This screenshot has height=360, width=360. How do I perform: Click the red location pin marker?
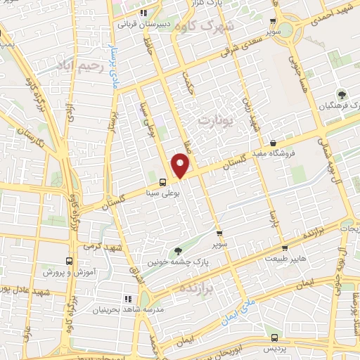pyautogui.click(x=181, y=166)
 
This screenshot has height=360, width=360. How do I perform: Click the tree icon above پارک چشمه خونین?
pyautogui.click(x=179, y=250)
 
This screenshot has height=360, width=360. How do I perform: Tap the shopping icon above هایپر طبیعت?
pyautogui.click(x=283, y=247)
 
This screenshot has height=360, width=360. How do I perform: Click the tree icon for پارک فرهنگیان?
pyautogui.click(x=342, y=94)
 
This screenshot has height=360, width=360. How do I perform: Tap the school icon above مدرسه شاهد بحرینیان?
pyautogui.click(x=127, y=299)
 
